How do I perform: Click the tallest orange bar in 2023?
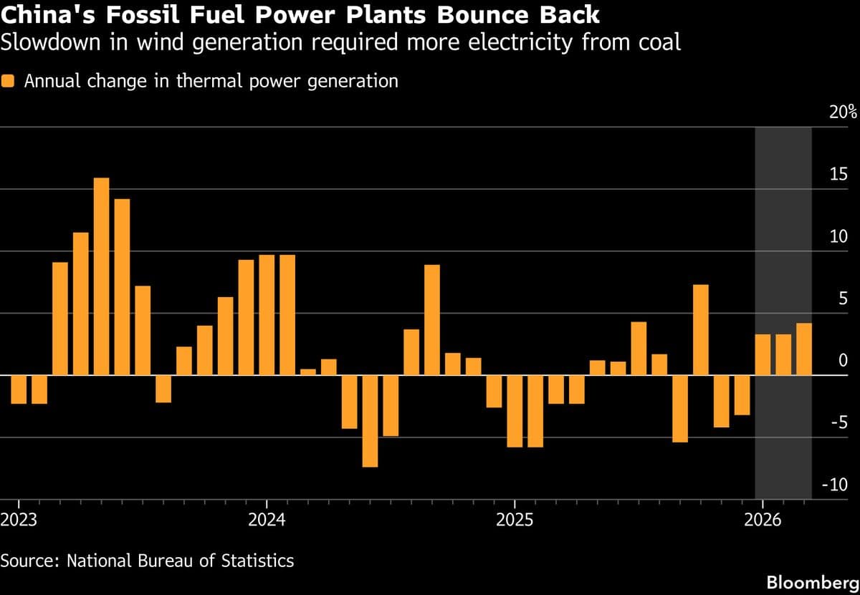(x=102, y=276)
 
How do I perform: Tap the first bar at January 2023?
(x=19, y=390)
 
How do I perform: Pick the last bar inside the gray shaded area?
(x=804, y=349)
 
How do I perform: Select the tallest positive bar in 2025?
(x=701, y=330)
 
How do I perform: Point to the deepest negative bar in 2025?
(x=515, y=411)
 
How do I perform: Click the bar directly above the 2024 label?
(x=267, y=315)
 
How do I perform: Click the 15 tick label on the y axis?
(x=838, y=175)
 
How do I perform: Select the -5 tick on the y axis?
(x=838, y=422)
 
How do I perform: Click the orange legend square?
(x=9, y=82)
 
